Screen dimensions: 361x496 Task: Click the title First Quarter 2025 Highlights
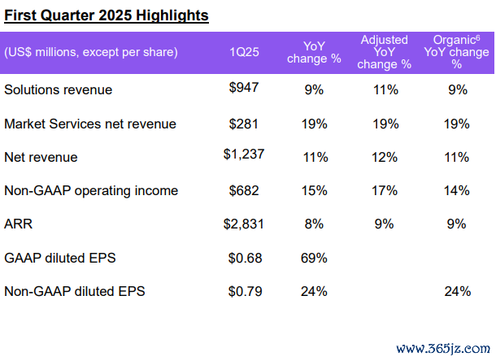click(106, 15)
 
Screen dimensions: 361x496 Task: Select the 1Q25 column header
click(245, 52)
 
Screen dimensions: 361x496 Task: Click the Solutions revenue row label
click(58, 89)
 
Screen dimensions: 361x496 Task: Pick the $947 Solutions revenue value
click(244, 89)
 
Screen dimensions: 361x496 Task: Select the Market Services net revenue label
click(90, 124)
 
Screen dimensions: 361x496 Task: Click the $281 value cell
click(244, 124)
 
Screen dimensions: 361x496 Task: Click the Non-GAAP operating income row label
click(91, 190)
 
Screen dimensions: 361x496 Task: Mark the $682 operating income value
click(244, 190)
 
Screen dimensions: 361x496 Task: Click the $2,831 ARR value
click(242, 224)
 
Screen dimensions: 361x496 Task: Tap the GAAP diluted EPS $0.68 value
click(244, 258)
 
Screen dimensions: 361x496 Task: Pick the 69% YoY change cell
click(314, 258)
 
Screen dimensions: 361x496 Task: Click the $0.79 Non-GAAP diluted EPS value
click(244, 290)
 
